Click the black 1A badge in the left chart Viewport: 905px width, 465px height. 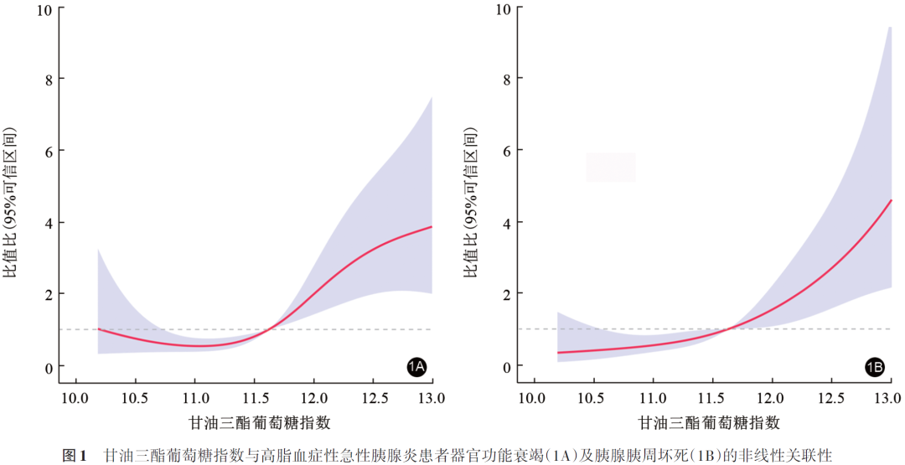(416, 367)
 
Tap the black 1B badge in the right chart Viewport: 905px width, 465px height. (875, 367)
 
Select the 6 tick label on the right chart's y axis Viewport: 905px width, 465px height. (505, 150)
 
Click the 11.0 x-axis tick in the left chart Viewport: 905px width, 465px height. (194, 397)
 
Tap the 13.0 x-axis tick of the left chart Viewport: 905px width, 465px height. (432, 397)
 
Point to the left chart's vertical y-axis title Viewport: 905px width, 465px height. (11, 203)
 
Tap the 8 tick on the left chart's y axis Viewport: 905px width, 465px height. (46, 80)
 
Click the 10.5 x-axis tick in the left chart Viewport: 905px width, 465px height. (135, 397)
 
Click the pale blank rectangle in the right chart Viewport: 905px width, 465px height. (611, 167)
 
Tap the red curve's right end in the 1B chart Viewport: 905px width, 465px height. (891, 201)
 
